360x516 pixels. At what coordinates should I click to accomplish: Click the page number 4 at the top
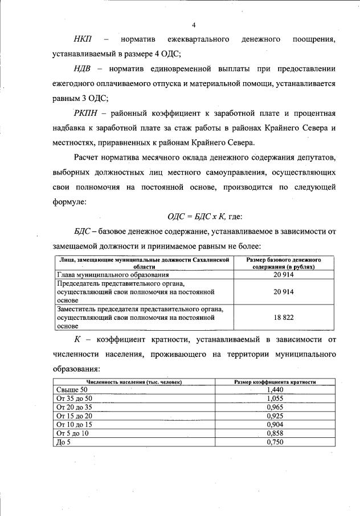tap(194, 25)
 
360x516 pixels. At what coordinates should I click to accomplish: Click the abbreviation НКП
tap(84, 40)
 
